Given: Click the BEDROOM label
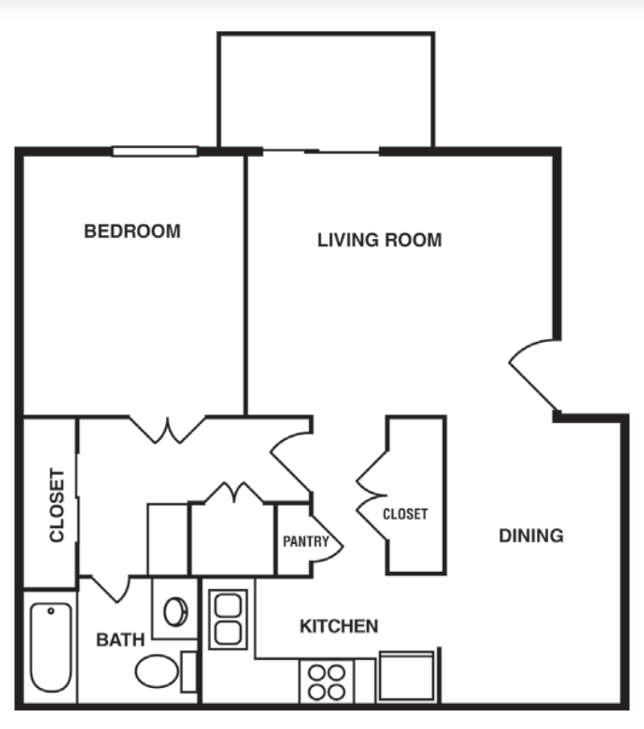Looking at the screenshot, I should (x=133, y=232).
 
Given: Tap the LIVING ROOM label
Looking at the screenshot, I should (x=379, y=240).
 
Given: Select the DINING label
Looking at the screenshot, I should (x=530, y=536).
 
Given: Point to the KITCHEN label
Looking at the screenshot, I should (x=339, y=626).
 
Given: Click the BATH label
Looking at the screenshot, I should (x=121, y=640).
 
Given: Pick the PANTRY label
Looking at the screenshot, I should (x=305, y=542).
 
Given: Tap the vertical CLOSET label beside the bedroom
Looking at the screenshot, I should (x=57, y=505).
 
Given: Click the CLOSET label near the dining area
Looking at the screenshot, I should (x=404, y=513).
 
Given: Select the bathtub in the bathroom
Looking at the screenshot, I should (x=51, y=647).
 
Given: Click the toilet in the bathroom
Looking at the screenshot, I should (x=157, y=671).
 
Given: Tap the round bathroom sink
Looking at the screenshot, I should (x=175, y=612).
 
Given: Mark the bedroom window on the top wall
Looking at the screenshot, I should (x=155, y=150).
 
